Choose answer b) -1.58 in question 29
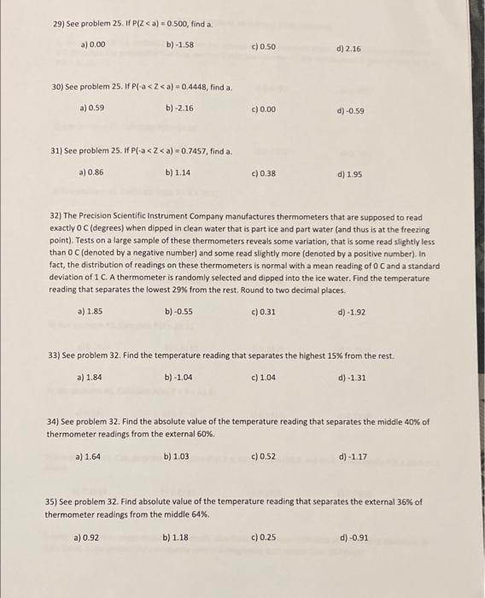[180, 43]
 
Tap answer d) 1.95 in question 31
[349, 174]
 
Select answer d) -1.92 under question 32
[352, 312]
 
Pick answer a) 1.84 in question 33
[90, 377]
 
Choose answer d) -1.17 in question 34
[353, 457]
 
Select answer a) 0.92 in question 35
[87, 538]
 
